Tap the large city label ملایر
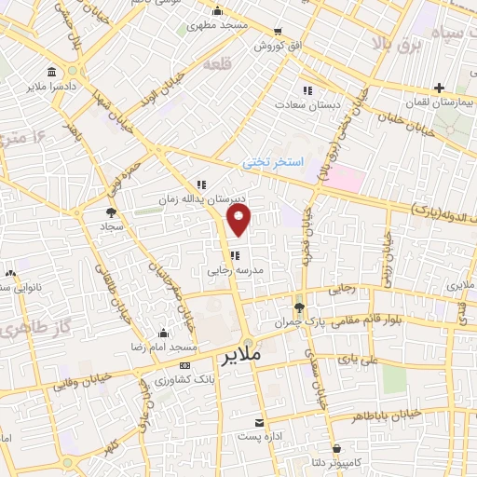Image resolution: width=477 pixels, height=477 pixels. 240,356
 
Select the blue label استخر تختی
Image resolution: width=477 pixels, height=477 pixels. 273,161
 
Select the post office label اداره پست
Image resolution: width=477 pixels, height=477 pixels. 259,435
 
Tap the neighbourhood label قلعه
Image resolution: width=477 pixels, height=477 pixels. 240,64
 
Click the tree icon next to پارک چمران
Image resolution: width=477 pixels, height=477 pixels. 298,307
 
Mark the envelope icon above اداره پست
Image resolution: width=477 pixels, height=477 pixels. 259,420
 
